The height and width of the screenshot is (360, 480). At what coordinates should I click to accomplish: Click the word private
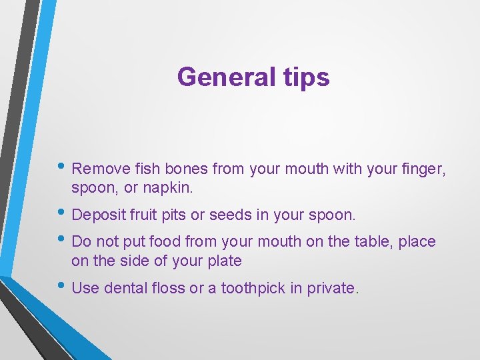[333, 288]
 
